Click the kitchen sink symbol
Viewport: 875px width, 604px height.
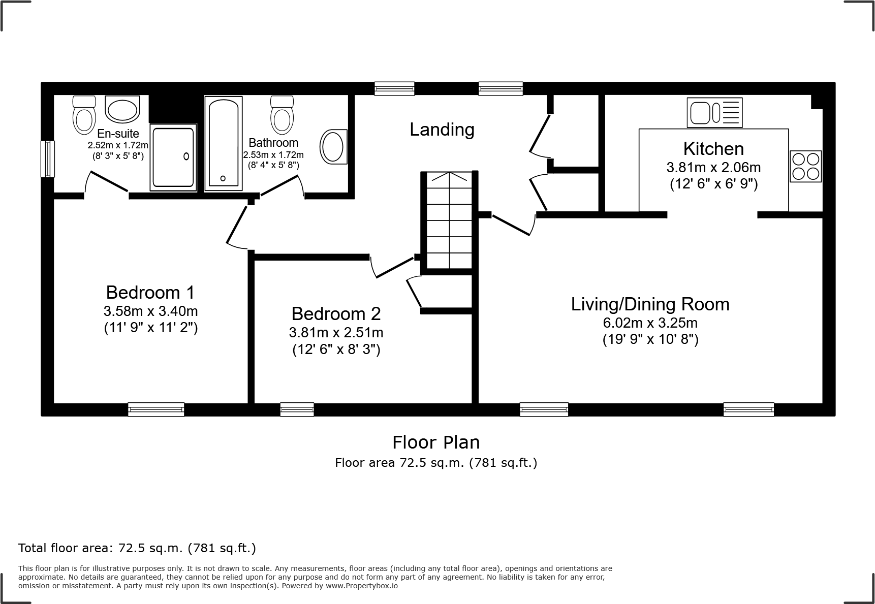[x=714, y=112]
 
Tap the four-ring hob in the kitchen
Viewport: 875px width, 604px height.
[x=805, y=166]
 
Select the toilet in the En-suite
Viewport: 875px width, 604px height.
[x=84, y=115]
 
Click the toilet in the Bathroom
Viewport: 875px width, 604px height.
[x=282, y=114]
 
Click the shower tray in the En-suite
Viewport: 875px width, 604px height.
[x=173, y=158]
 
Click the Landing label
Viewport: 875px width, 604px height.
[x=442, y=130]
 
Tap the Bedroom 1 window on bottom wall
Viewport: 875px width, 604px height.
[x=156, y=409]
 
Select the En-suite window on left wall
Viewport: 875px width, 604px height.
[x=48, y=158]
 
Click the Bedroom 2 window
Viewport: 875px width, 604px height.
[x=297, y=409]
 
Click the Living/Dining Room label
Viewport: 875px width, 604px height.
[x=650, y=304]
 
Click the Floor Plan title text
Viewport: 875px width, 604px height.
[x=436, y=442]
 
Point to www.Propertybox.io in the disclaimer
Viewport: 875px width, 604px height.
[x=361, y=586]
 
